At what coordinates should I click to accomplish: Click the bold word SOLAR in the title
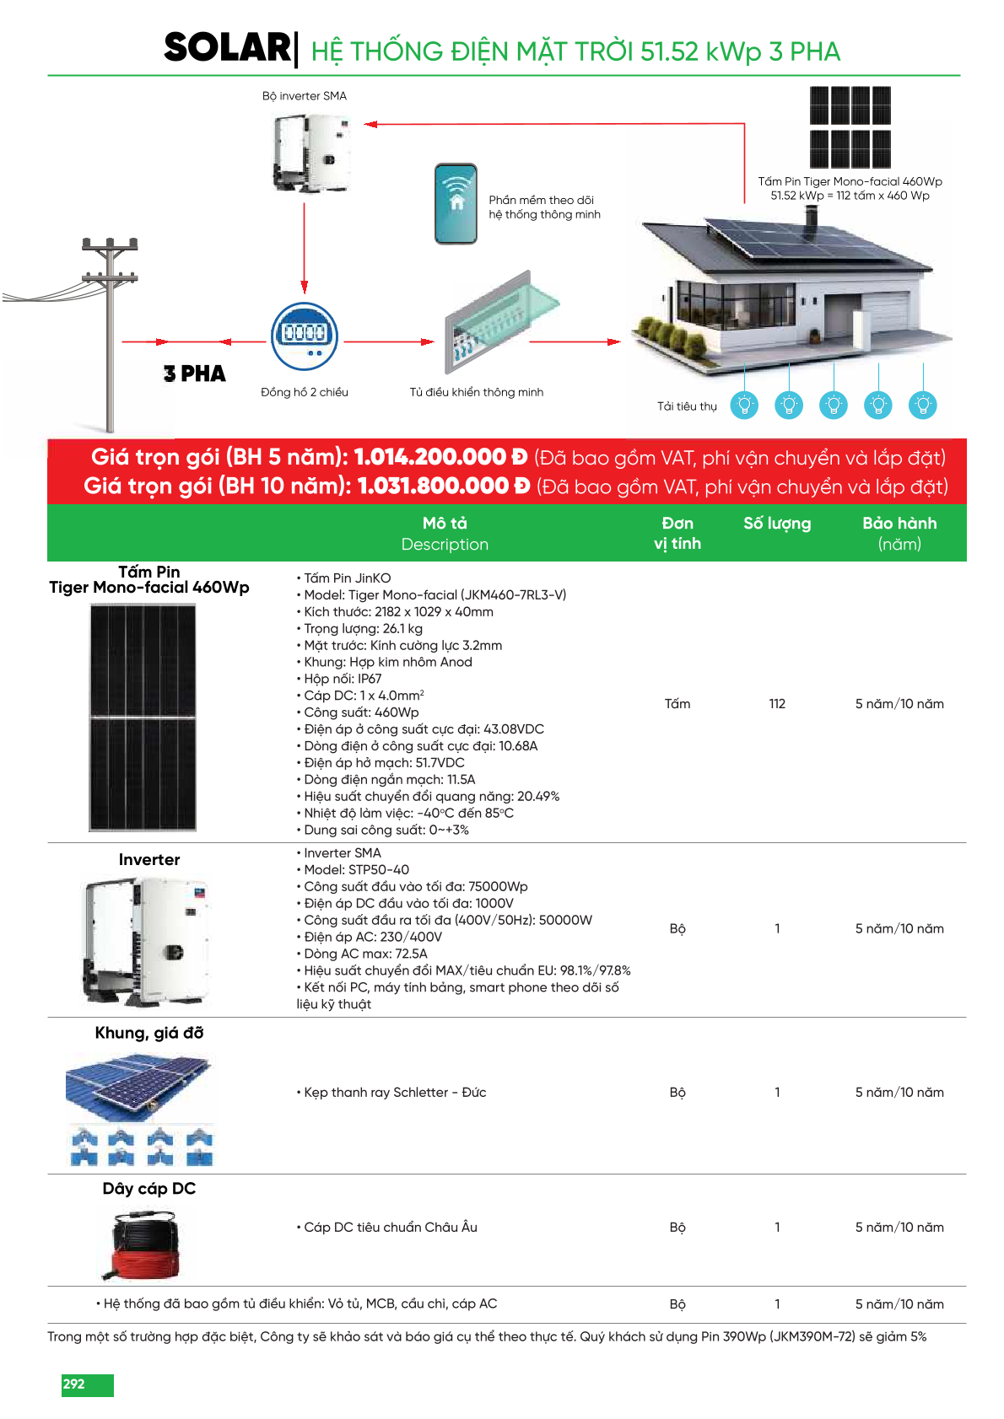coord(227,48)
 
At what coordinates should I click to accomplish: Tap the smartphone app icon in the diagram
coord(456,204)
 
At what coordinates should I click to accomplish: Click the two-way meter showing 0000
coord(305,335)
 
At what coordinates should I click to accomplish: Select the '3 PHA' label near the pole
coord(195,374)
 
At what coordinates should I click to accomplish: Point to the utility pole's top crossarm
coord(110,245)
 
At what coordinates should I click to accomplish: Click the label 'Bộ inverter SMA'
coord(305,96)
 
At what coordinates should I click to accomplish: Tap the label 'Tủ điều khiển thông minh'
coord(476,392)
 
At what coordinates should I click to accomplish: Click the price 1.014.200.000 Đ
coord(440,457)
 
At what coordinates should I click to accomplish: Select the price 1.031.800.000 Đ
coord(444,486)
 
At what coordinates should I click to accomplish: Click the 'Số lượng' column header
coord(777,524)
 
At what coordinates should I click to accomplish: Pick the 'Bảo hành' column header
coord(899,524)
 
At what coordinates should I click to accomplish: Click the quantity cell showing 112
coord(777,704)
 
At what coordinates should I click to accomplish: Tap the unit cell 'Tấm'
coord(677,704)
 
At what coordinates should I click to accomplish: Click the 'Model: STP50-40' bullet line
coord(356,870)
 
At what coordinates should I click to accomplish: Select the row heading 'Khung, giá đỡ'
coord(149,1033)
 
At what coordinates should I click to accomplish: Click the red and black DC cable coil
coord(145,1245)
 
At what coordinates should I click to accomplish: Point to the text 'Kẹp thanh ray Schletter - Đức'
coord(395,1093)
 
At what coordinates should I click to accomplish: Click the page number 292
coord(74,1384)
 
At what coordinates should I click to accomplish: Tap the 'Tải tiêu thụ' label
coord(687,406)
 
